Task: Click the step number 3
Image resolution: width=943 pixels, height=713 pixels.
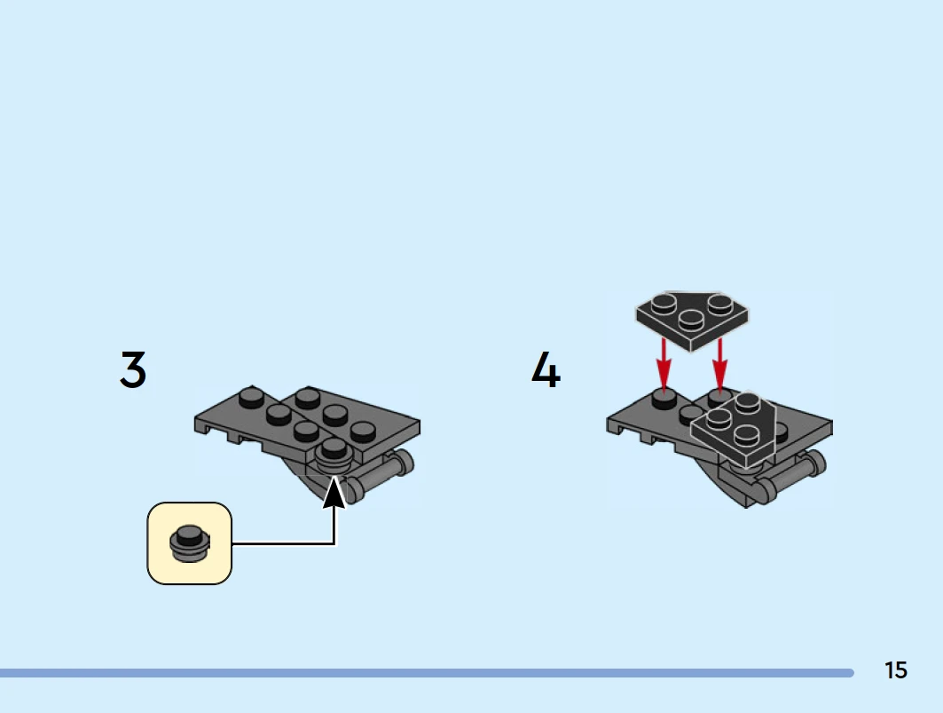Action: click(x=133, y=370)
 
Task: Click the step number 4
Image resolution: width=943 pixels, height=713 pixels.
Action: click(x=546, y=370)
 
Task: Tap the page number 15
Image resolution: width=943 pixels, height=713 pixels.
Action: click(x=896, y=670)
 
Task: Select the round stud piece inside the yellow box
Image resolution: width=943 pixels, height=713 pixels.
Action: click(x=189, y=543)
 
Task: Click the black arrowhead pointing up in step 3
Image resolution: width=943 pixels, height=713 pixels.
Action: click(x=334, y=491)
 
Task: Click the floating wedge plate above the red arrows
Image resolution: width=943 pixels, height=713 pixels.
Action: click(x=693, y=317)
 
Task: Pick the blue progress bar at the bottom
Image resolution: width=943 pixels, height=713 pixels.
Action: click(x=426, y=673)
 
